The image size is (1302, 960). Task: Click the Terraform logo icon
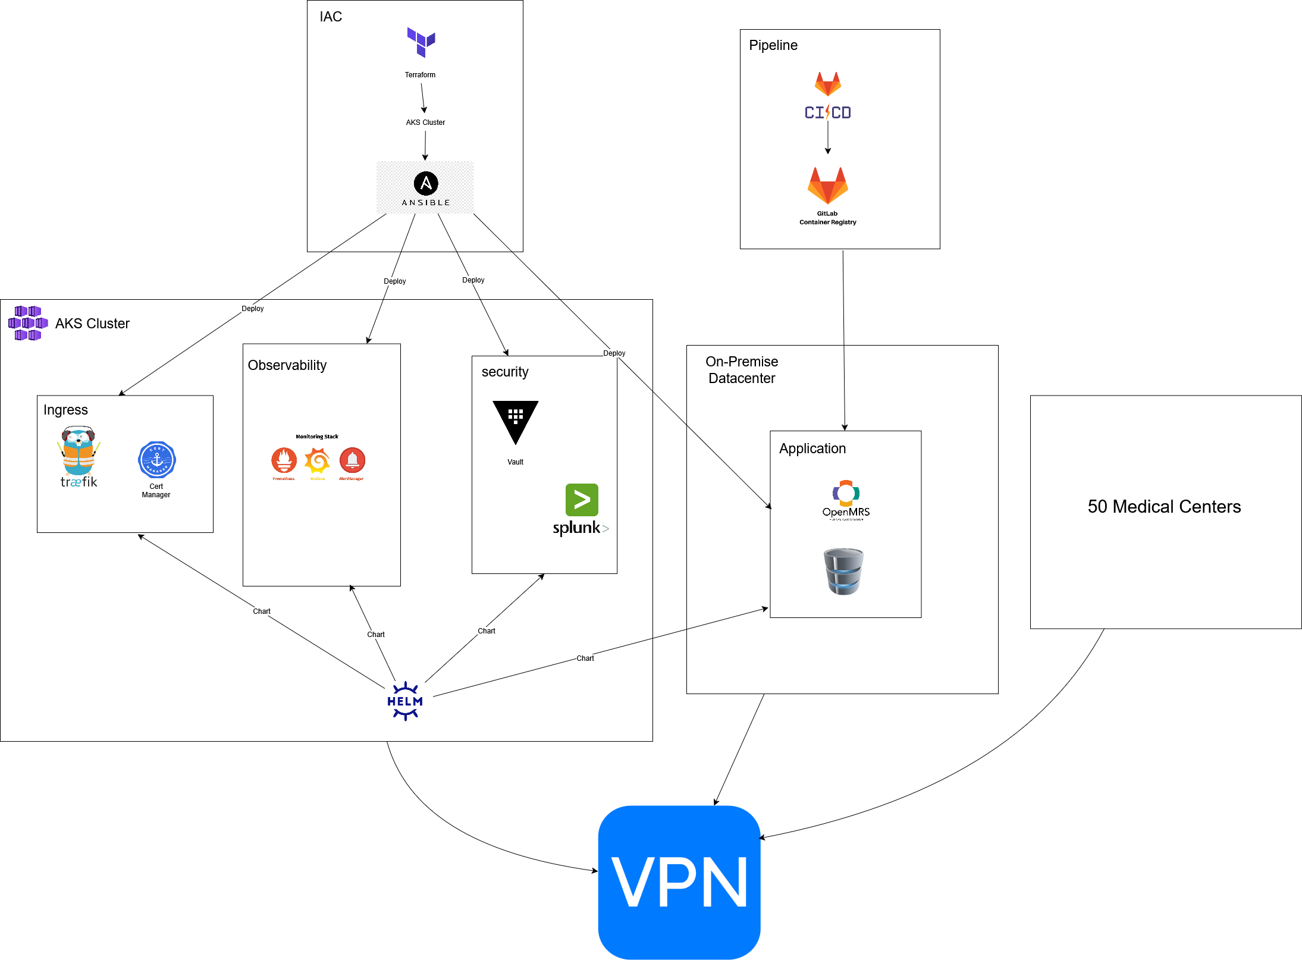click(421, 42)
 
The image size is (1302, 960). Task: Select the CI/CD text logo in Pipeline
click(827, 112)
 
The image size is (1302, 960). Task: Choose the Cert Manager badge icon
click(157, 460)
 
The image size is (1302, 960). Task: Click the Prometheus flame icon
click(284, 460)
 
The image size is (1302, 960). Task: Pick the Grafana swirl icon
click(318, 460)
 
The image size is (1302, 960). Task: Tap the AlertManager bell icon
click(352, 460)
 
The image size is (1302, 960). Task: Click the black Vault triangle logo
click(515, 420)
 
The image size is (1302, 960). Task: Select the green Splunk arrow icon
click(582, 500)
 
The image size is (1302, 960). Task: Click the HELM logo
click(405, 701)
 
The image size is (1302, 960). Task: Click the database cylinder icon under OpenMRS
click(843, 572)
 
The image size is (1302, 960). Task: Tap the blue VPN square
click(679, 882)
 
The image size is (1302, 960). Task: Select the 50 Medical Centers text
click(1164, 507)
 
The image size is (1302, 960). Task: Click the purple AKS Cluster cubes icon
click(28, 323)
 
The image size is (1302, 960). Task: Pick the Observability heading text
click(287, 365)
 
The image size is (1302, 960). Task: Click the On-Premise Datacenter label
click(742, 370)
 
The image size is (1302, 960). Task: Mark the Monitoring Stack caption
click(317, 437)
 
